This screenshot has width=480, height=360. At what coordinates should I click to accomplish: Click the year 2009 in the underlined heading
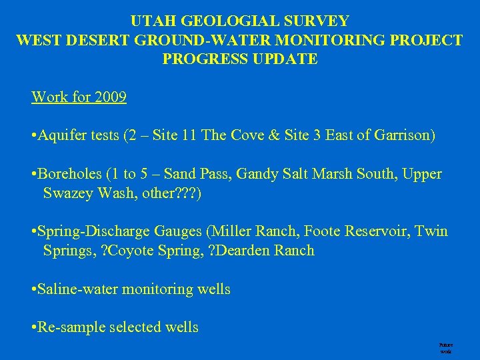click(111, 97)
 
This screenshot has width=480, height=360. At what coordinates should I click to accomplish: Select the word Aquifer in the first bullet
click(61, 136)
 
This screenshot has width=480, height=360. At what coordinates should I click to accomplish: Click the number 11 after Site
click(189, 136)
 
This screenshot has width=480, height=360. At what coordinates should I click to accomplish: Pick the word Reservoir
click(377, 231)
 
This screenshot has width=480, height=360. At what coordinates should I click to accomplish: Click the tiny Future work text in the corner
click(445, 348)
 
